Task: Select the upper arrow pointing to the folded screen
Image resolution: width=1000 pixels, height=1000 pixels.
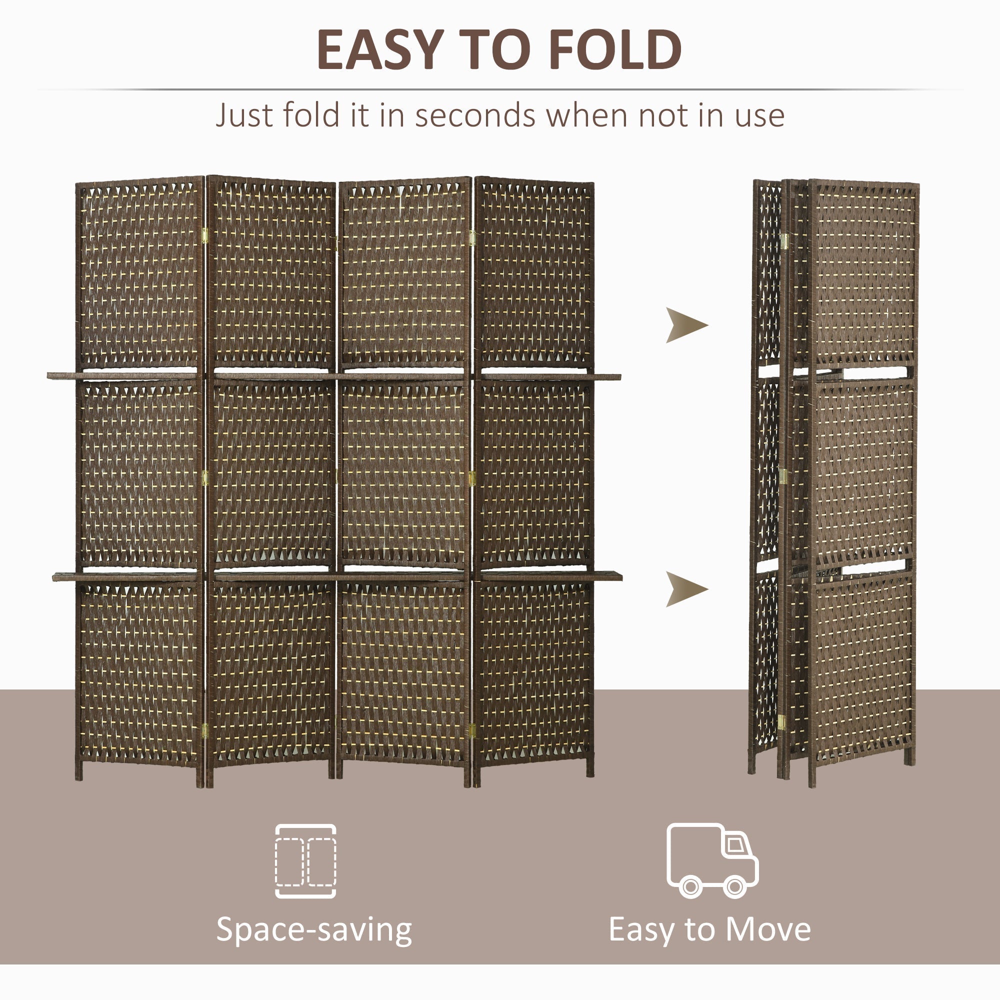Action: pos(685,325)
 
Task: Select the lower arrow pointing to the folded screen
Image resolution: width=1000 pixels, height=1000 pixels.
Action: pos(685,589)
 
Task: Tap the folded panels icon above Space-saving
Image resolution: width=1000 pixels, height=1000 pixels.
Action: pos(305,861)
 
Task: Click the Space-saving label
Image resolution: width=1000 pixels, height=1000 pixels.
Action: pos(313,929)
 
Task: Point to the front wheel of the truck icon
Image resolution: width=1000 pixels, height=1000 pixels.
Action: pos(734,886)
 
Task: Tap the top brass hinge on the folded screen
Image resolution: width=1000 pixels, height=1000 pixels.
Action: pos(784,240)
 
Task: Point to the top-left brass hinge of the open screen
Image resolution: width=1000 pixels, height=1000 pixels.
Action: pos(205,236)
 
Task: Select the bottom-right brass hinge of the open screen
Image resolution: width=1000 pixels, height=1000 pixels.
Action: pos(471,730)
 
